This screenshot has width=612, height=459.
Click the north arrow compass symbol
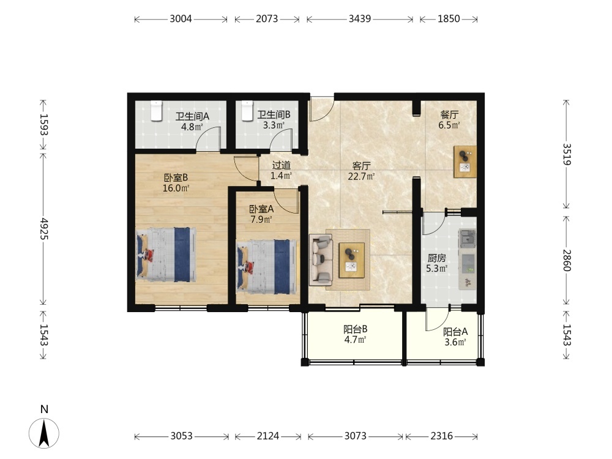coord(44,433)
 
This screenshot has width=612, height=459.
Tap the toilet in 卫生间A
coord(156,111)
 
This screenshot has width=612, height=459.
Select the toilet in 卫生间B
coord(247,110)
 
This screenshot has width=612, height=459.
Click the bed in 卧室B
coord(166,255)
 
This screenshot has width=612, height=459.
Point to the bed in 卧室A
coord(266,267)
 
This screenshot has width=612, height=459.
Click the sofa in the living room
coord(321,259)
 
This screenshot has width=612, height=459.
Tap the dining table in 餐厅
coord(465,162)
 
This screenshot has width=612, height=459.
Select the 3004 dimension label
coord(181,19)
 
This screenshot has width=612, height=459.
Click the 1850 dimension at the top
coord(449,19)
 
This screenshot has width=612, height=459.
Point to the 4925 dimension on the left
coord(44,229)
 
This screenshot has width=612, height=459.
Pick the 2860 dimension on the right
coord(567,260)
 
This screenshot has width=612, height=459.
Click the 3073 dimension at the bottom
coord(355,436)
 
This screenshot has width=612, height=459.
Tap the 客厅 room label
coord(362,166)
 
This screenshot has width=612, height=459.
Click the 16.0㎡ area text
coord(176,188)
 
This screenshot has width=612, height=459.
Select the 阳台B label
coord(355,329)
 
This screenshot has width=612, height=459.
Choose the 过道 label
coord(281,165)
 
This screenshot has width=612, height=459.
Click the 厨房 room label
coord(437,258)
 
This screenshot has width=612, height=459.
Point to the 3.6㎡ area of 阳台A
coord(455,342)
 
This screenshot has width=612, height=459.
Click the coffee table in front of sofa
coord(351,260)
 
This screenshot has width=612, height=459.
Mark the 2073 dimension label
coord(267,19)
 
